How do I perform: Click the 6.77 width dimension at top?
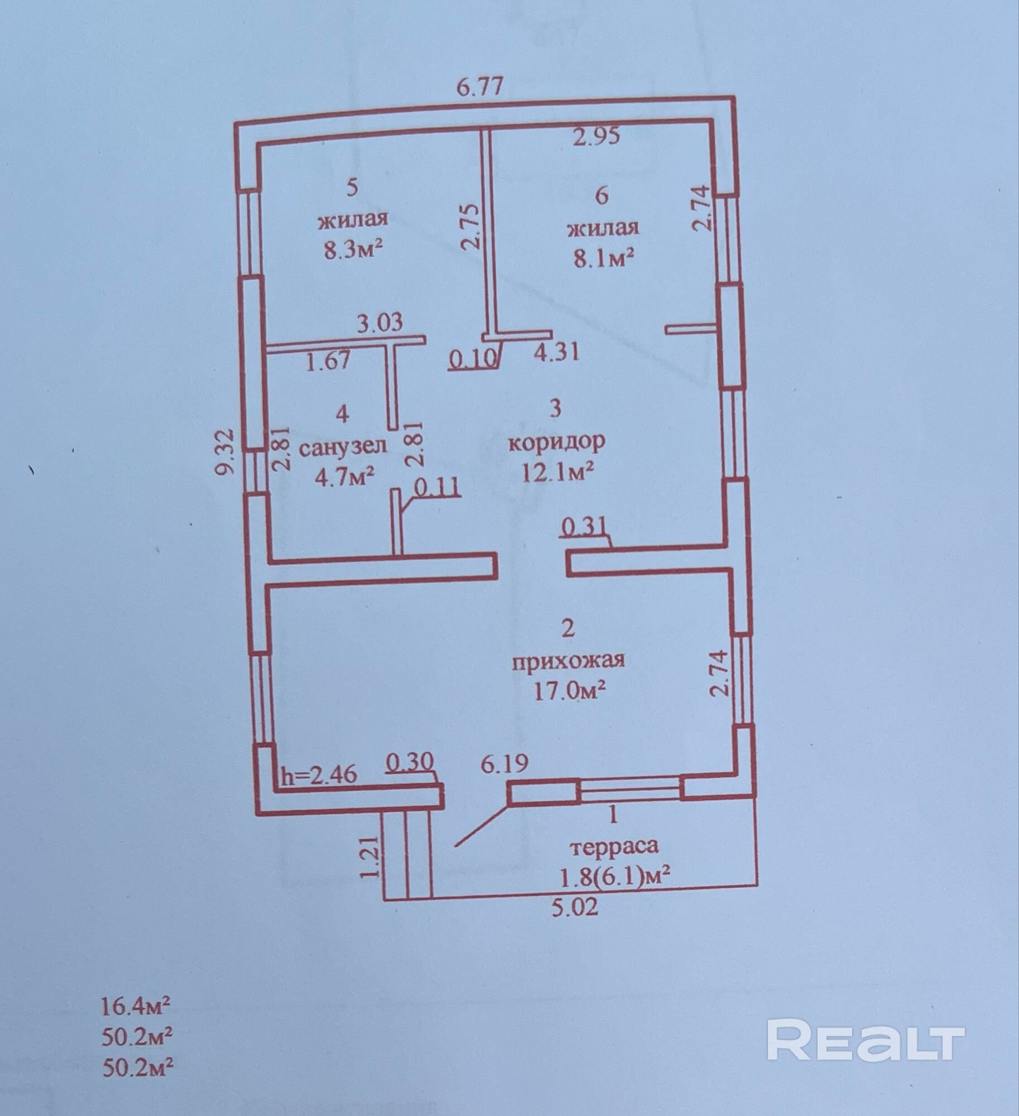point(480,87)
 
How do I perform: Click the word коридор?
point(556,442)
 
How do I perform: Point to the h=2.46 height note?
point(319,777)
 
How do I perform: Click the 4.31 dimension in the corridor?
point(556,352)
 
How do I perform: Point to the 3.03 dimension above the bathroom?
point(379,323)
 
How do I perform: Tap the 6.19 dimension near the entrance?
point(504,764)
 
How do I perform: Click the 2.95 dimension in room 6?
point(597,137)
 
